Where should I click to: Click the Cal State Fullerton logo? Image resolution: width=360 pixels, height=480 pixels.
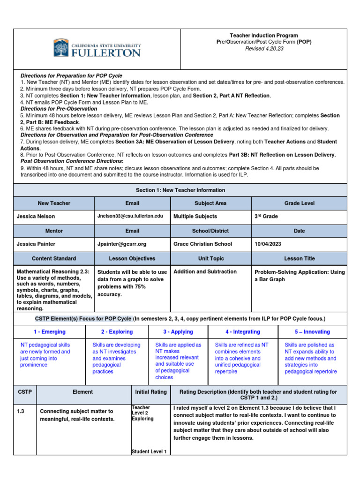tap(97, 48)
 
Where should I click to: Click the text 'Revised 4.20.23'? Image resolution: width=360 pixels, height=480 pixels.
tap(264, 48)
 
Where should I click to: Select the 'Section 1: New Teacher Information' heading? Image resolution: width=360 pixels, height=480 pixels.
tap(180, 190)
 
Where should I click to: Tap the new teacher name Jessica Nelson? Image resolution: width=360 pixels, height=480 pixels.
tap(36, 217)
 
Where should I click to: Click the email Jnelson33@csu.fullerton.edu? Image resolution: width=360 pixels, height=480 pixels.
tap(130, 216)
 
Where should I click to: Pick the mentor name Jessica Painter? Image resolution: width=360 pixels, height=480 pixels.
tap(36, 244)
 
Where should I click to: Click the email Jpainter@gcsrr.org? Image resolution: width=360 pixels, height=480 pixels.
tap(122, 244)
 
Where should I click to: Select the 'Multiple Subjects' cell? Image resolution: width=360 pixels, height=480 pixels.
tap(195, 217)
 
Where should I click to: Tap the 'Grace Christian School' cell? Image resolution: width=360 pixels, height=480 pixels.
tap(202, 244)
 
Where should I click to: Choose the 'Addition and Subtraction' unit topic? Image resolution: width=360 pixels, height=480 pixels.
tap(205, 271)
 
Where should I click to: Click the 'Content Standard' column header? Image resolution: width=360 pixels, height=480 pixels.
tap(54, 258)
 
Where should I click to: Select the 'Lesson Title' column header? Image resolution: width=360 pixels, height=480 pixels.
tap(299, 258)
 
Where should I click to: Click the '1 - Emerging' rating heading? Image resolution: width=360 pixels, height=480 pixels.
tap(50, 331)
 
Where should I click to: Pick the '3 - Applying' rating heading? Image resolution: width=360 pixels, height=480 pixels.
tap(178, 331)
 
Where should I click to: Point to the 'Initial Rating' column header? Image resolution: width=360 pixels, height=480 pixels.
tap(151, 392)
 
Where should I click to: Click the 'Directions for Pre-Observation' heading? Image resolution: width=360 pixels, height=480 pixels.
tap(59, 108)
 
